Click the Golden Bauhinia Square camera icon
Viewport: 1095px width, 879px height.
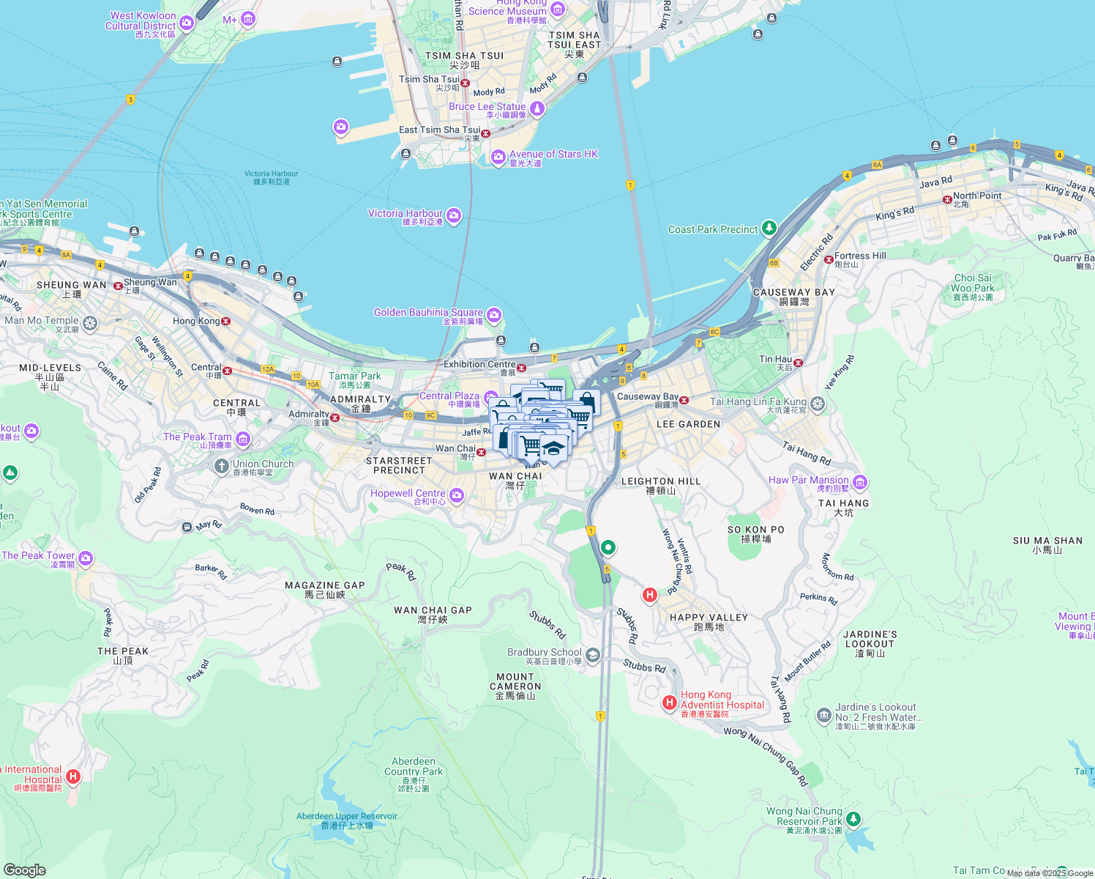click(x=494, y=315)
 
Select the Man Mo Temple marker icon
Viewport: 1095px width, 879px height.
click(x=90, y=322)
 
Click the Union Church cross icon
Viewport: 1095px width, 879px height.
click(x=222, y=466)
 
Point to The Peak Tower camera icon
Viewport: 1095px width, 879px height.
click(x=86, y=559)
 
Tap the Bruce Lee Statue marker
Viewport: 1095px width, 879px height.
click(x=537, y=109)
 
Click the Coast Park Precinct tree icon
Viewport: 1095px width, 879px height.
click(x=769, y=229)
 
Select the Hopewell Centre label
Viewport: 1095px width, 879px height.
click(x=408, y=494)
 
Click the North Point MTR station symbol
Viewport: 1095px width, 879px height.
click(x=947, y=199)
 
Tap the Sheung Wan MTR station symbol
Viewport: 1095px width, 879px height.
click(x=118, y=286)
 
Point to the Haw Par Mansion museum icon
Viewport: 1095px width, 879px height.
click(x=860, y=482)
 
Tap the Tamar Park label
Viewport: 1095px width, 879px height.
click(x=355, y=377)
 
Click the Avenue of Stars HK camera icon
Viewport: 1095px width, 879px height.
click(x=498, y=157)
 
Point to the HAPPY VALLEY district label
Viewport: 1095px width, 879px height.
click(x=709, y=617)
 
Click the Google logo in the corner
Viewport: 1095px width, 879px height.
click(x=24, y=869)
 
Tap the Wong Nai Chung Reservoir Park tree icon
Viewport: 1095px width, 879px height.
click(x=853, y=818)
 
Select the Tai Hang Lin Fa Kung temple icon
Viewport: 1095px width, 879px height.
click(x=818, y=404)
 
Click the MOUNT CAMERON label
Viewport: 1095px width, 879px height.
click(x=515, y=682)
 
